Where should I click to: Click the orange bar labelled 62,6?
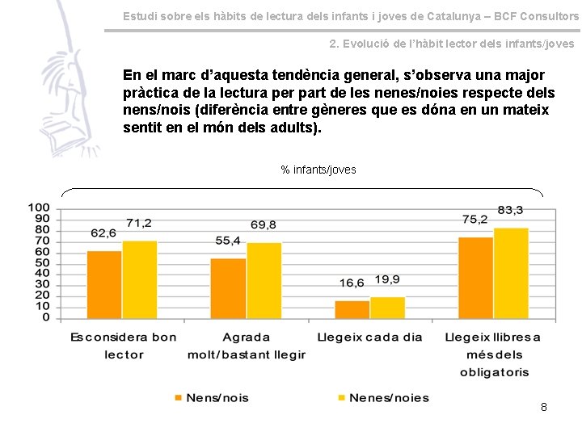pos(104,284)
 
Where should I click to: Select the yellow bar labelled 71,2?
pos(139,279)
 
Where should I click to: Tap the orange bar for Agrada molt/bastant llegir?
pos(228,288)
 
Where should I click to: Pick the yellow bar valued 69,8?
pos(264,280)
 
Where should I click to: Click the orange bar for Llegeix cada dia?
pos(352,309)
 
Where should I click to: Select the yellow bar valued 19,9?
pos(387,308)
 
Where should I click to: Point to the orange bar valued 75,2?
pos(476,277)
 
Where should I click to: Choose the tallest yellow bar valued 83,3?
pos(511,273)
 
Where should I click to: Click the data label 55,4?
pos(228,241)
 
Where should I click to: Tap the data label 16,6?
pos(352,283)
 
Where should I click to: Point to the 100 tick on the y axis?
pos(39,208)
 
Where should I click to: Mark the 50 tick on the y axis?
pos(42,262)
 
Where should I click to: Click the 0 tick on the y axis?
pos(46,317)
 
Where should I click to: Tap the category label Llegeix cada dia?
pos(369,337)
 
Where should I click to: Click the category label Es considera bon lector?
pos(123,346)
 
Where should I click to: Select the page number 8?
pos(544,407)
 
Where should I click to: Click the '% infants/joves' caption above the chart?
pos(318,170)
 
